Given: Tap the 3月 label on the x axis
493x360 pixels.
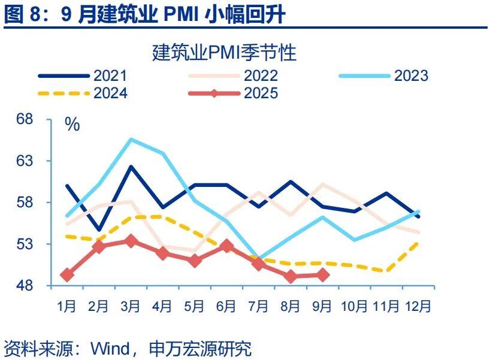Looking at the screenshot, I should click(131, 306).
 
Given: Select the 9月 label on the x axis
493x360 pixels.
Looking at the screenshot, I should click(322, 306).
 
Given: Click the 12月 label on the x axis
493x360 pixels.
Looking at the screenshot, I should click(418, 306).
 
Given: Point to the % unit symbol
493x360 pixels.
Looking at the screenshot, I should click(72, 125).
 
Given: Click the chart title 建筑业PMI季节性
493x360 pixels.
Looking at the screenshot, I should click(225, 53).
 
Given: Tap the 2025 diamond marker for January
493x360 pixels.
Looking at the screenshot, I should click(67, 275).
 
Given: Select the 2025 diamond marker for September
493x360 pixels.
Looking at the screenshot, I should click(322, 275).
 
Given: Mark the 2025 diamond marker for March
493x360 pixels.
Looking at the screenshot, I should click(131, 241).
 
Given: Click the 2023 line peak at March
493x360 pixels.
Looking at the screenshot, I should click(131, 140).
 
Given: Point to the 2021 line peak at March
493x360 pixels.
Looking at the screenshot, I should click(131, 167).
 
